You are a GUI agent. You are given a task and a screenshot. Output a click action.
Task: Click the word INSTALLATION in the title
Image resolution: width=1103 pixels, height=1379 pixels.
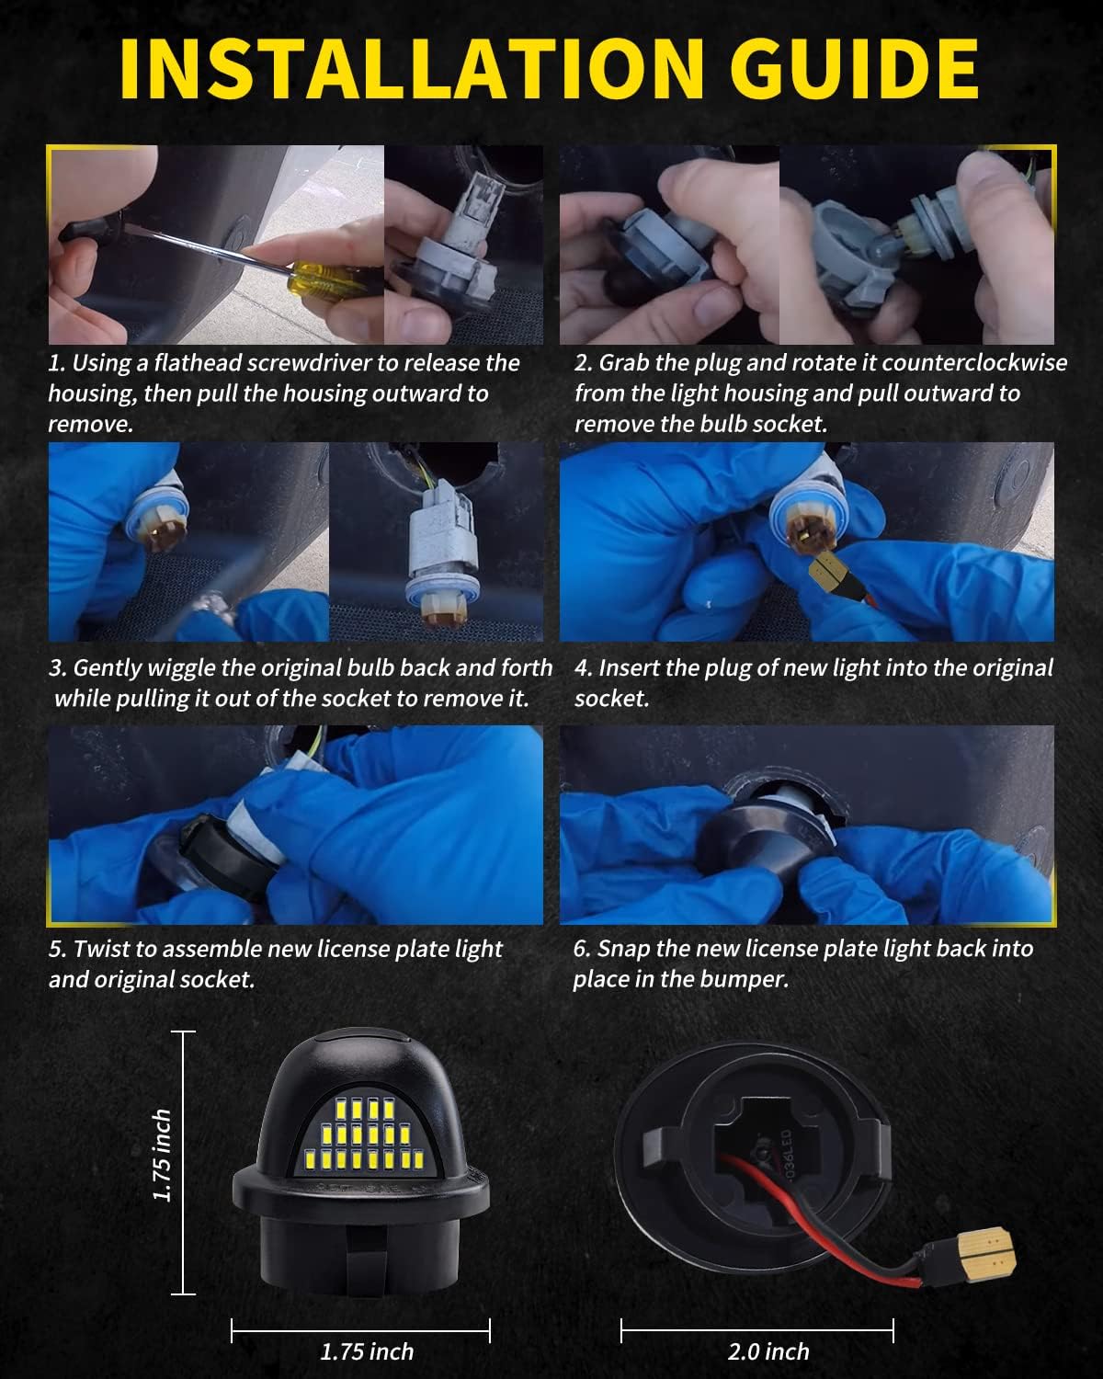coord(412,69)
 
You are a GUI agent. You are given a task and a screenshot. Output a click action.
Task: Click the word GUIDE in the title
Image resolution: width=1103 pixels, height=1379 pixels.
coord(854,69)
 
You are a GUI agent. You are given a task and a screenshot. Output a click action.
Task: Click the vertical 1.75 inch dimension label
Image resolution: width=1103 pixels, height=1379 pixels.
coord(162,1156)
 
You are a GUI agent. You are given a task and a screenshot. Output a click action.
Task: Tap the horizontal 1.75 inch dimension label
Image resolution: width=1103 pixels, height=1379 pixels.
coord(367,1351)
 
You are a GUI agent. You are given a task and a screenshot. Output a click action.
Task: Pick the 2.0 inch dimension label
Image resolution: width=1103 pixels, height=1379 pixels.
coord(768,1351)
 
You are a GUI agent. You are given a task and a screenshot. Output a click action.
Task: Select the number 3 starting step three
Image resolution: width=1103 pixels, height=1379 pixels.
coord(56,668)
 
